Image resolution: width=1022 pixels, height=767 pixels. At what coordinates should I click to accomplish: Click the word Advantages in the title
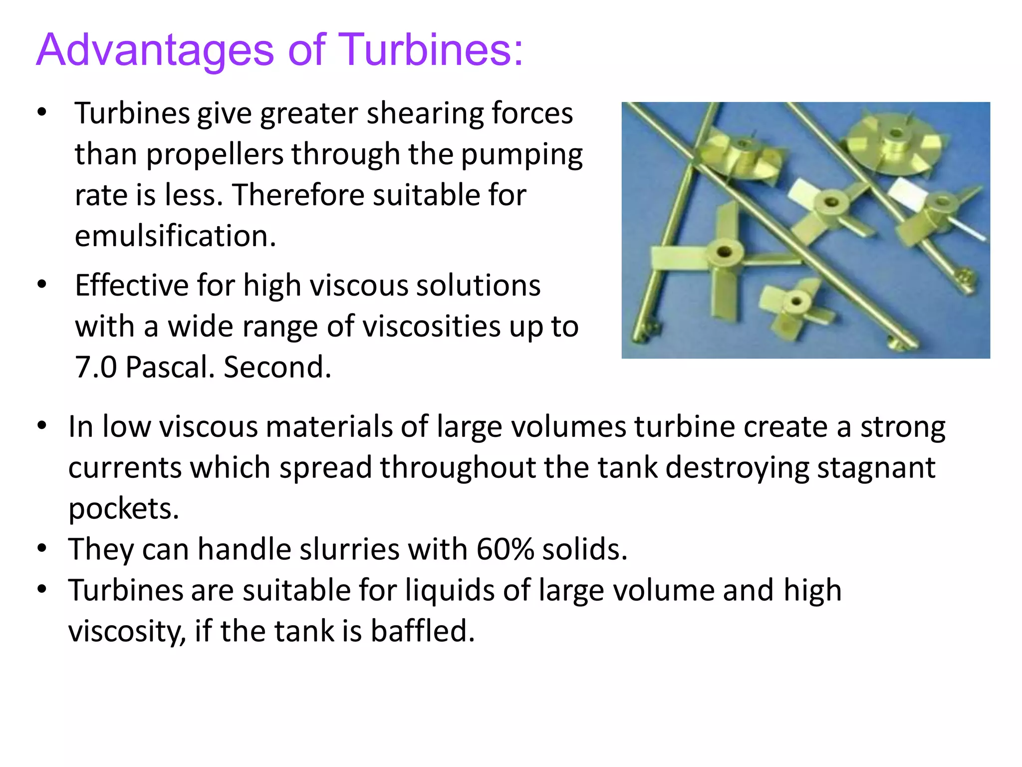click(x=155, y=50)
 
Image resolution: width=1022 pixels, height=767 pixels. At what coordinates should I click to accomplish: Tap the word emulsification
click(x=175, y=236)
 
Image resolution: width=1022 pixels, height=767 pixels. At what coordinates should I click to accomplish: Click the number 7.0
click(x=95, y=368)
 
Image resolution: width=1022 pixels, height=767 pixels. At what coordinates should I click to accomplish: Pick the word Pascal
click(x=170, y=368)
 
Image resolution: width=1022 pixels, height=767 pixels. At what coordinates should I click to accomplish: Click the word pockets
click(x=123, y=509)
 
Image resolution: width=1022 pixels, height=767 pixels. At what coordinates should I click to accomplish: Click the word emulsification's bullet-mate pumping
click(x=521, y=154)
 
